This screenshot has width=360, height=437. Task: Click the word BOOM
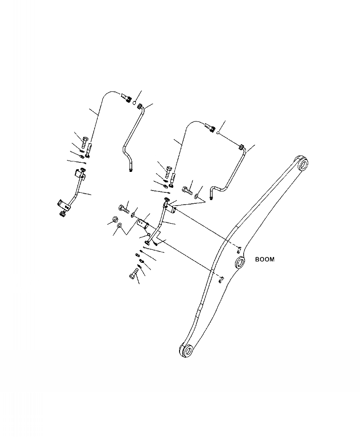265,260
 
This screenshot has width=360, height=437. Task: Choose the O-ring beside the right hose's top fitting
219,133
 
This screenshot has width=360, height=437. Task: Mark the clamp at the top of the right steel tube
242,147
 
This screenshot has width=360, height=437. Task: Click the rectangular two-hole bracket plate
144,224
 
